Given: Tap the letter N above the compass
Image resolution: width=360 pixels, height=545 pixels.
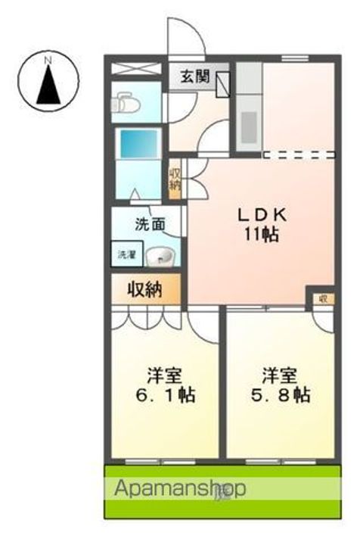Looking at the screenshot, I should coord(48,58).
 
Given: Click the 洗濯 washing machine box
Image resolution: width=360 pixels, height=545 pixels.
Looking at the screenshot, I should coord(124,256).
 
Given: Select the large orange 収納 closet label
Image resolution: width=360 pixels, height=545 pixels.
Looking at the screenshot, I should coord(146,289).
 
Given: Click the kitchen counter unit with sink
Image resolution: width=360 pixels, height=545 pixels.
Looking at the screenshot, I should coord(247,114).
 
